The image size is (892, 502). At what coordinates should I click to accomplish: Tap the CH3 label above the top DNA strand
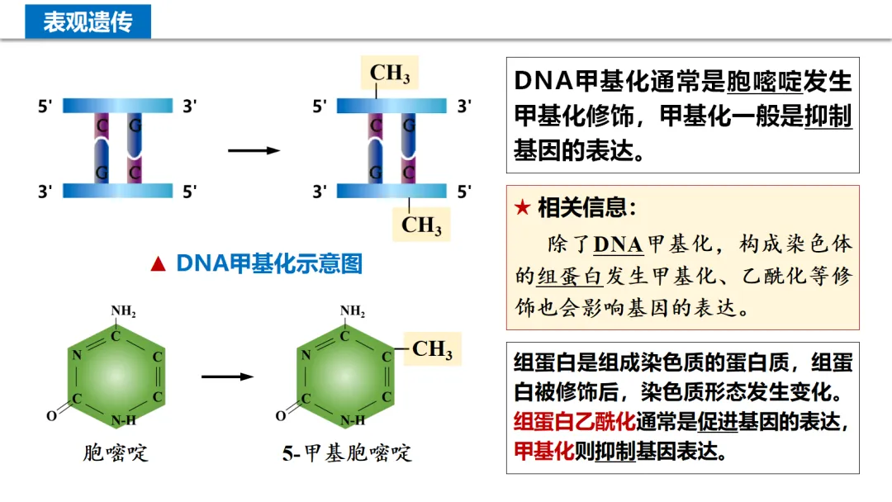(x=390, y=73)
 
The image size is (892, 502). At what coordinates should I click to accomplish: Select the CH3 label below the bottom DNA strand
(x=421, y=225)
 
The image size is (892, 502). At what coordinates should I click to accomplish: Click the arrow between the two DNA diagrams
(x=254, y=150)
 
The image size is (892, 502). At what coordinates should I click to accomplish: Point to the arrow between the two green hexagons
(x=227, y=376)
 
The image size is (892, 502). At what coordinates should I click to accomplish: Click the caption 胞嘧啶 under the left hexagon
(x=116, y=452)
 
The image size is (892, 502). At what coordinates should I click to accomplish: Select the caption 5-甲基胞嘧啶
(x=347, y=453)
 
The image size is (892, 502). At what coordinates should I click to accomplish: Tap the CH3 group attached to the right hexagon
(x=432, y=349)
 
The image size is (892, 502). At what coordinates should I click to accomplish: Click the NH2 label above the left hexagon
(x=123, y=311)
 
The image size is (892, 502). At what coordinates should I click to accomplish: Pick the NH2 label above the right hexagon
(x=353, y=311)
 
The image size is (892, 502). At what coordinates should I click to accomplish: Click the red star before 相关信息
(x=522, y=208)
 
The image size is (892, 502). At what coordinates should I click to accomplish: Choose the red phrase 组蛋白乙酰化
(x=574, y=422)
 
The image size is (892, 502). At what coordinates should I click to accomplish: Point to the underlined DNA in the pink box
(x=618, y=244)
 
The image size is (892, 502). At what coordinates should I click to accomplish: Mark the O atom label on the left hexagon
(x=51, y=416)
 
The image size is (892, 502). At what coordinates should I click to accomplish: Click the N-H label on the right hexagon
(x=353, y=420)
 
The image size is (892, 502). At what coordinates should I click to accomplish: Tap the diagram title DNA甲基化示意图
(x=269, y=264)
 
